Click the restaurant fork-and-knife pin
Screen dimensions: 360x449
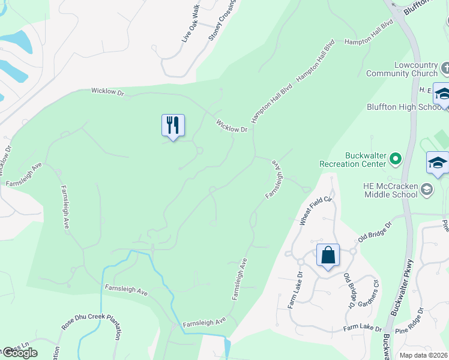(x=173, y=125)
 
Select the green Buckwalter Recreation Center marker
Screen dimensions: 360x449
(x=395, y=158)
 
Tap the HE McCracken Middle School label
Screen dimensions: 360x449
(x=390, y=190)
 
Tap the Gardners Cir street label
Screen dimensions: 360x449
(x=370, y=293)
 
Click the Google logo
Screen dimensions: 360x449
(x=19, y=353)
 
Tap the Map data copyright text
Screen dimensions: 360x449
(x=423, y=355)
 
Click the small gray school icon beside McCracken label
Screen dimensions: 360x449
(x=426, y=190)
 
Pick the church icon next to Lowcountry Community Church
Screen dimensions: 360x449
(x=444, y=65)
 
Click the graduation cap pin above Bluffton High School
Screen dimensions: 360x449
(x=442, y=94)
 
